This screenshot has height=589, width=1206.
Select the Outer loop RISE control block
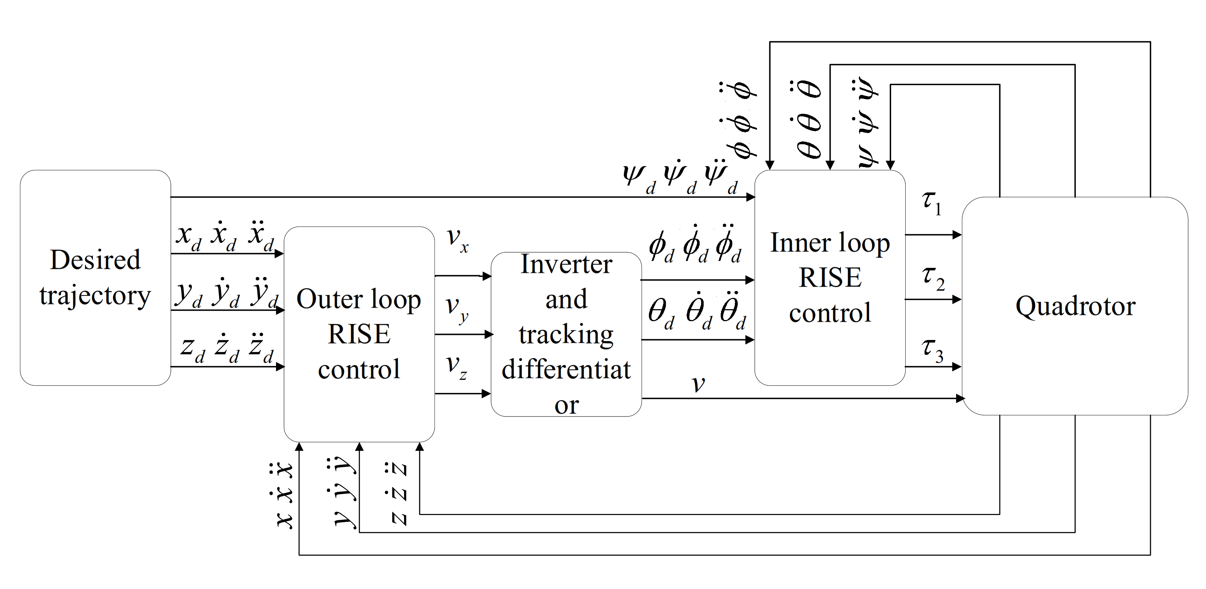359,334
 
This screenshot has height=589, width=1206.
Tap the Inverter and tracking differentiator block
566,334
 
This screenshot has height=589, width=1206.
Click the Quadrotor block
1075,306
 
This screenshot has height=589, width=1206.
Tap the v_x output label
457,240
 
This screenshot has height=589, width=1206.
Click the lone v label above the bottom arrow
698,384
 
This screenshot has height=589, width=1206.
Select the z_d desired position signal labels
227,349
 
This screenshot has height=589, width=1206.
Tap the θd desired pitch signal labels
697,313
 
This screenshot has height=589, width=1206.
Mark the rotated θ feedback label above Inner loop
809,119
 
